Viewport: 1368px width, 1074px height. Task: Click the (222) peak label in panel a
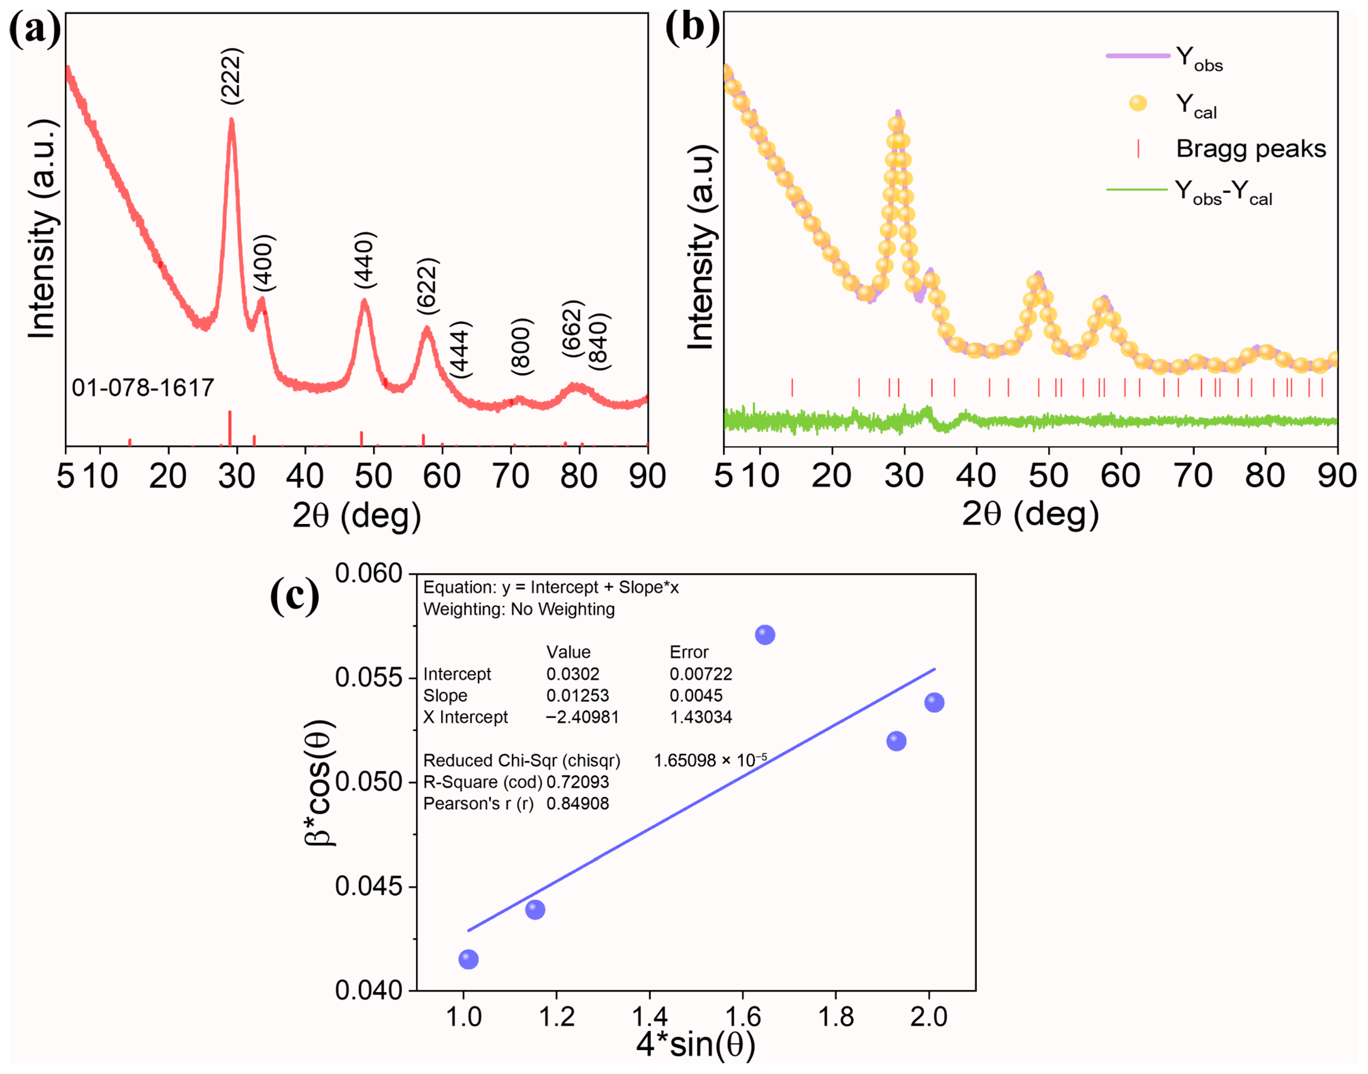coord(231,76)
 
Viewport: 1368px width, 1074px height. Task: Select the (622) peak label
coord(427,286)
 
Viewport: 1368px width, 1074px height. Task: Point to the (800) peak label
coord(521,347)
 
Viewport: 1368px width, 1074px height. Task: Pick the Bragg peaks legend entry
coord(1250,149)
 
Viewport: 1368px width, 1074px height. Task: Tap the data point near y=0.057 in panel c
coord(764,635)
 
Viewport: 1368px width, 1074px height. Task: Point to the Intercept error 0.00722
coord(700,674)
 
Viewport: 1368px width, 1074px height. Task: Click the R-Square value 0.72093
coord(577,782)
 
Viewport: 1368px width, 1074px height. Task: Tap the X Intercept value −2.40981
coord(582,717)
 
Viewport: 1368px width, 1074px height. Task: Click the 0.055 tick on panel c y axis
coord(368,678)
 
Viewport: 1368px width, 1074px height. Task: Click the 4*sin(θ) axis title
coord(695,1045)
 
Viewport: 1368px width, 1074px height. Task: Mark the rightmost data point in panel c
coord(934,702)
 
